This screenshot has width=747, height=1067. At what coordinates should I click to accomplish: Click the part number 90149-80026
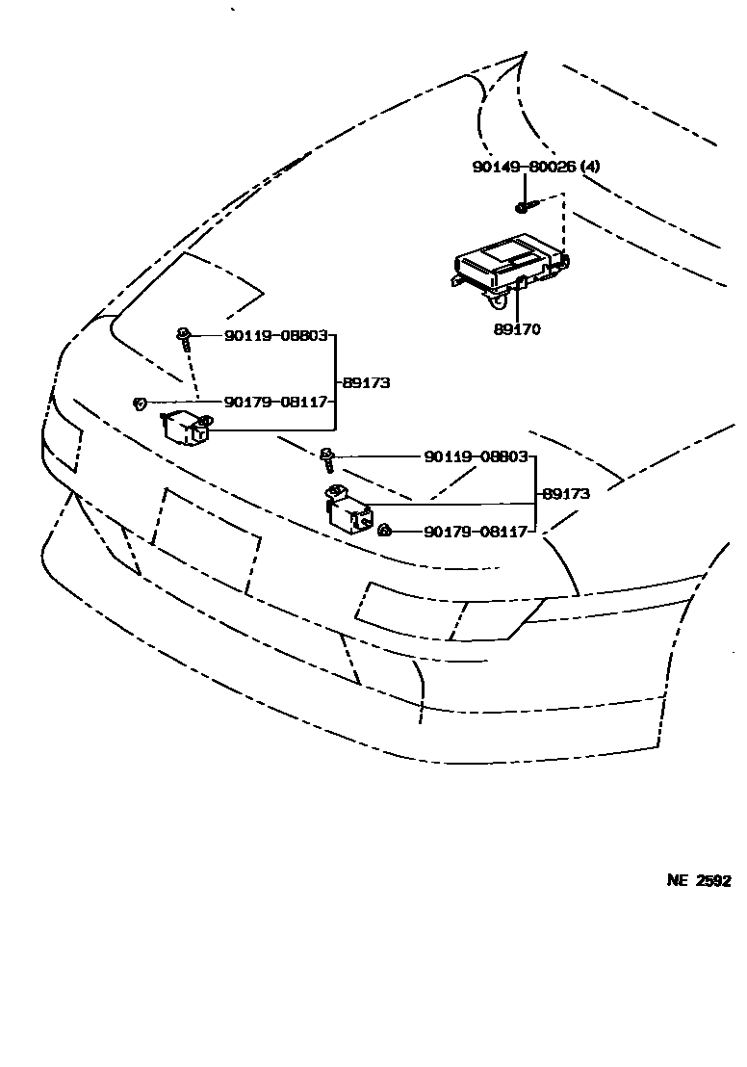click(x=524, y=167)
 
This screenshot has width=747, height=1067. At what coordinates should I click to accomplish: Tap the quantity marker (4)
click(x=589, y=167)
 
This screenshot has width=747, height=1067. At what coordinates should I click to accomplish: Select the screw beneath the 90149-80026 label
click(x=522, y=206)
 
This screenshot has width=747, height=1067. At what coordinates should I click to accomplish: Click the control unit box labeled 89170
click(x=508, y=265)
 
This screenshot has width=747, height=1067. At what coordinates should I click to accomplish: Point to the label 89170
click(x=517, y=329)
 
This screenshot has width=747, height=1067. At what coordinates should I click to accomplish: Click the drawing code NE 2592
click(x=699, y=880)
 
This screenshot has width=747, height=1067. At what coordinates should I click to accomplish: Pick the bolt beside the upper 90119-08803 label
click(x=183, y=337)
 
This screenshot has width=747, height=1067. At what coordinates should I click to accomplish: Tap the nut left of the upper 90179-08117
click(x=141, y=403)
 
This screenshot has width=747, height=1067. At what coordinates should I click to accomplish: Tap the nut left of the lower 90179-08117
click(x=383, y=530)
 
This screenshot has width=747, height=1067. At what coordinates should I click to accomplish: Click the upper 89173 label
click(x=366, y=382)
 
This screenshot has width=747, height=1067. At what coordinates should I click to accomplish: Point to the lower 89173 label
click(x=566, y=494)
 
